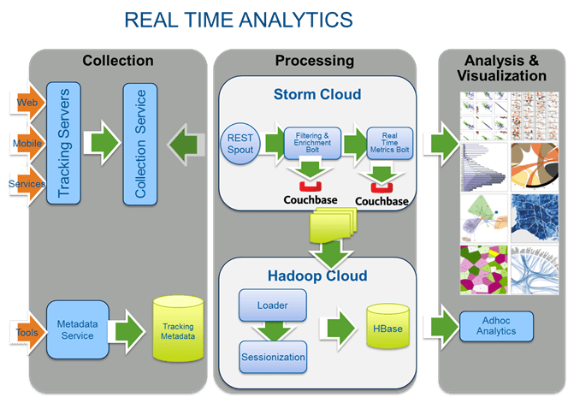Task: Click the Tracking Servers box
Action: click(x=63, y=143)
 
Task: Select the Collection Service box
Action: click(x=141, y=143)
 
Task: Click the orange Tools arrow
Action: click(x=27, y=330)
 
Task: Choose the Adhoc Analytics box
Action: click(x=496, y=326)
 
